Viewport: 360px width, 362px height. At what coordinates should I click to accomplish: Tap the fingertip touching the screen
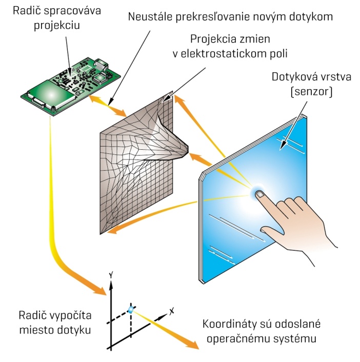[260, 194]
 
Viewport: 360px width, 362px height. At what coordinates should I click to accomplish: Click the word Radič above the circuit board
[27, 11]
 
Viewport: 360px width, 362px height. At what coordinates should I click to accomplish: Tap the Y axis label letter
[111, 275]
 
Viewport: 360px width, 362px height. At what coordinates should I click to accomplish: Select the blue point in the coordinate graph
[131, 310]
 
